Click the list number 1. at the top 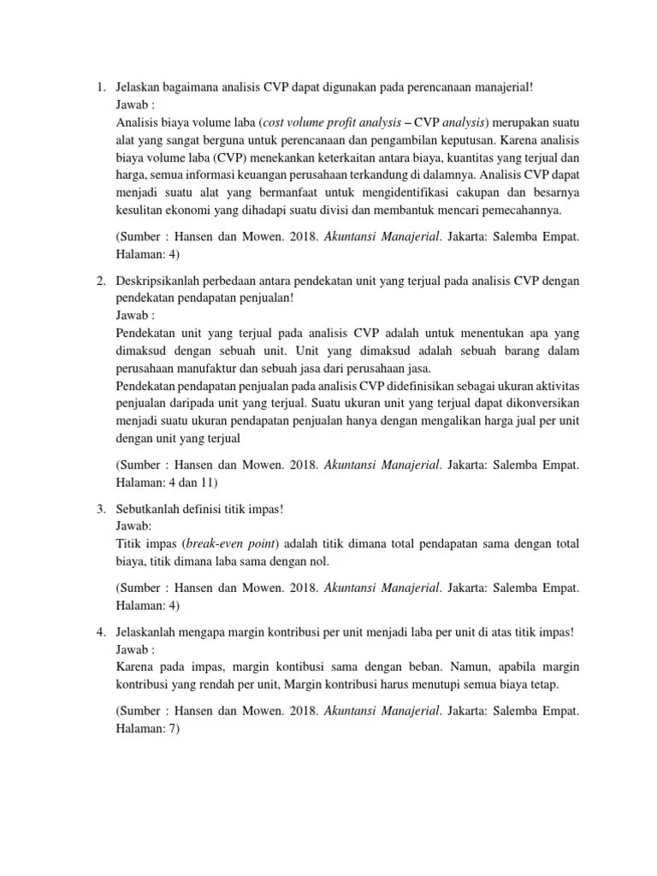point(99,87)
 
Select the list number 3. point(99,509)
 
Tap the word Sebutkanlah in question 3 point(146,509)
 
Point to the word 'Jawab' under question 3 point(131,527)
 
